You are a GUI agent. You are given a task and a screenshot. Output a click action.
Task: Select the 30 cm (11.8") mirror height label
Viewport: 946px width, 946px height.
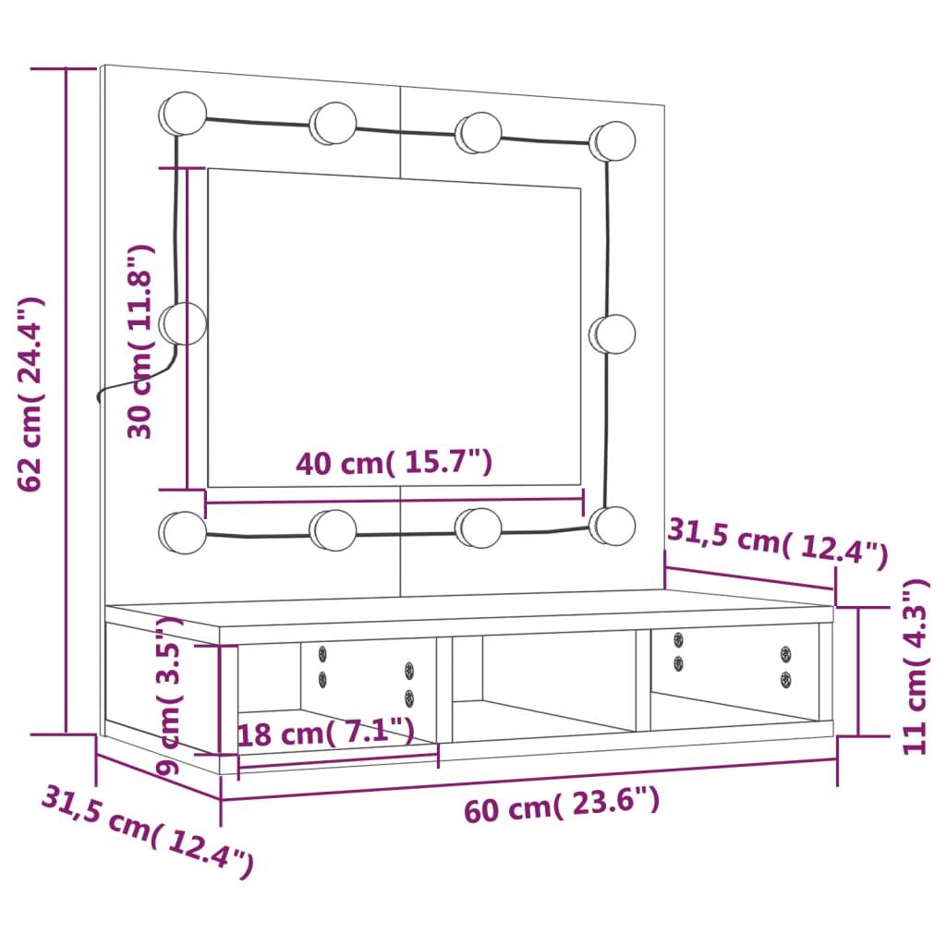pos(139,342)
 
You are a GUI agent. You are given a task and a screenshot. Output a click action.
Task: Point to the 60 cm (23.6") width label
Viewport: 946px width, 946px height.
pos(562,806)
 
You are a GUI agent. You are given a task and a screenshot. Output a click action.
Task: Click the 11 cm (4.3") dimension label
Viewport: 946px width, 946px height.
pos(915,667)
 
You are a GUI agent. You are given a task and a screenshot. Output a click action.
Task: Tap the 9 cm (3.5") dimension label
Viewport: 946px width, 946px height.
pos(172,697)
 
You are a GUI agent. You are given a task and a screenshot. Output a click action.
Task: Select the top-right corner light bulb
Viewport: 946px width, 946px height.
pos(613,139)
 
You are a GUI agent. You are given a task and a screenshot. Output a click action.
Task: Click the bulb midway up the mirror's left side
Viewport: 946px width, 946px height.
pos(184,323)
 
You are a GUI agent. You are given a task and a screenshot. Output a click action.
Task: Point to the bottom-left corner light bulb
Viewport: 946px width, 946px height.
pos(183,533)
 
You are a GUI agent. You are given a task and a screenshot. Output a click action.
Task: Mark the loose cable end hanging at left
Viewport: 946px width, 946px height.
pos(101,395)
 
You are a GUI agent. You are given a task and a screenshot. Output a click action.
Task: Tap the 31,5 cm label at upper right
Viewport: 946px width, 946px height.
pos(777,541)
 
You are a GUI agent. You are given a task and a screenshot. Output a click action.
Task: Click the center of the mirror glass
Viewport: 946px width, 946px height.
pos(394,327)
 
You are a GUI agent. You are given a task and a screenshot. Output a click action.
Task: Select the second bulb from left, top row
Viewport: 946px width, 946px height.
pos(334,122)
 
